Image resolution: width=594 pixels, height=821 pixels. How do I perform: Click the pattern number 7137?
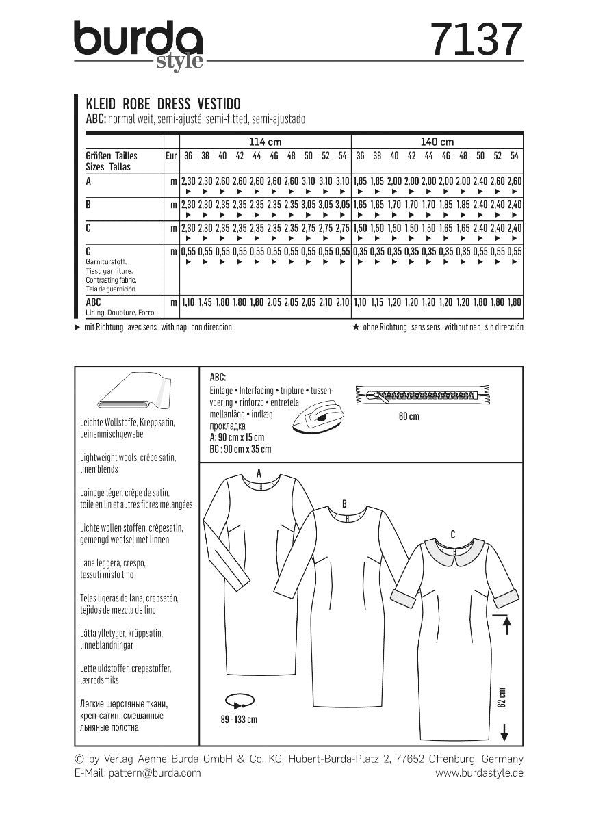[476, 39]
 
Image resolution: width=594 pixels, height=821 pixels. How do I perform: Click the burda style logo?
[139, 43]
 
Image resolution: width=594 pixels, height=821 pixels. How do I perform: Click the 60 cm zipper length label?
[409, 417]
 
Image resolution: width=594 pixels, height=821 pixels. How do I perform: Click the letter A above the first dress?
[259, 473]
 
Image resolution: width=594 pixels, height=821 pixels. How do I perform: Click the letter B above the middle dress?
[345, 504]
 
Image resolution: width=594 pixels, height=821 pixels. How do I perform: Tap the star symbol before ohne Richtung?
[355, 328]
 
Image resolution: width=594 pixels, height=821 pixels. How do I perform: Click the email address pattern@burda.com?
[138, 772]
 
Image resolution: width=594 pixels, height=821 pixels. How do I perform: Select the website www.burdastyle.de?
[479, 772]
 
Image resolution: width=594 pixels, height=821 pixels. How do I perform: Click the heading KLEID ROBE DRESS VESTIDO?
[162, 104]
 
